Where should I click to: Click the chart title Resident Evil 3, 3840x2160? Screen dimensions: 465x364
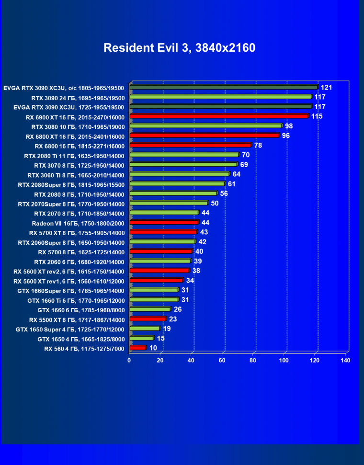[x=180, y=48]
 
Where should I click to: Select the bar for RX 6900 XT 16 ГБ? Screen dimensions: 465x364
[x=219, y=116]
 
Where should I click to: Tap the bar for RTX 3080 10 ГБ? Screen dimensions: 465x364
[x=206, y=126]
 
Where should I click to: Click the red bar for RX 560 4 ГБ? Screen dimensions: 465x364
[x=137, y=348]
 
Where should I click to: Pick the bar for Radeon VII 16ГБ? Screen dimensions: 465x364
[x=164, y=222]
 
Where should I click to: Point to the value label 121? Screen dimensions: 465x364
[x=326, y=88]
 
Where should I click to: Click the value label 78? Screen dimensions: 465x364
[x=258, y=145]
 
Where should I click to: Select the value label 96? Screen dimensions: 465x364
[x=286, y=136]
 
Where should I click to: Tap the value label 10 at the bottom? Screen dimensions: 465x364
[x=153, y=348]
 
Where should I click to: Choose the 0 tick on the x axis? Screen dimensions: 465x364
[x=129, y=360]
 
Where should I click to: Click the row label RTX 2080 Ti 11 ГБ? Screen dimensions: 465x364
[x=74, y=156]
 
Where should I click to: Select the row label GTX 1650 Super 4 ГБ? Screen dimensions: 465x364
[x=70, y=329]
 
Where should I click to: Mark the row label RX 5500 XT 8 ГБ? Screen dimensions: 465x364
[x=77, y=319]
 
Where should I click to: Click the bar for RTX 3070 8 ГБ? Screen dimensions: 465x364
[x=183, y=164]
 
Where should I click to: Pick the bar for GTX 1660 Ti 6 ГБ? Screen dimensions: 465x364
[x=153, y=300]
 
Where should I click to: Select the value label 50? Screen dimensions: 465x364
[x=215, y=203]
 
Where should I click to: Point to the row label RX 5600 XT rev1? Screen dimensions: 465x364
[x=69, y=281]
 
